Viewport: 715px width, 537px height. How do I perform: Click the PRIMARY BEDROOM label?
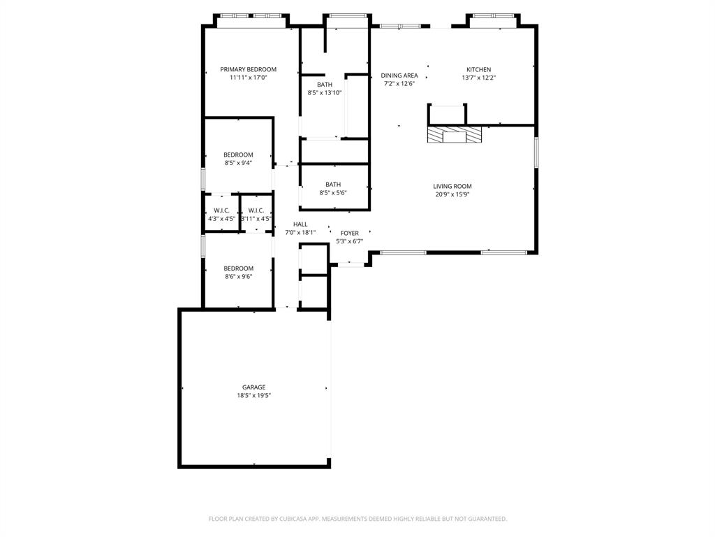(x=248, y=69)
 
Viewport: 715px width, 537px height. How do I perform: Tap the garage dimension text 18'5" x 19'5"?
(x=253, y=396)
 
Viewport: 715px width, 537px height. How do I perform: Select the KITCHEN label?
(x=478, y=69)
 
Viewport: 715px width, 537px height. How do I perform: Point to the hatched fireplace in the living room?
(x=455, y=134)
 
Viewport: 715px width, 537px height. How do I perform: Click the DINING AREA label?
(x=399, y=76)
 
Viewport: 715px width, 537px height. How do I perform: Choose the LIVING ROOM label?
(x=452, y=186)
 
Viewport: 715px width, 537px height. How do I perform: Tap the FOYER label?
(x=350, y=233)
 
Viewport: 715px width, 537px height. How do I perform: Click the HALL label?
(x=300, y=224)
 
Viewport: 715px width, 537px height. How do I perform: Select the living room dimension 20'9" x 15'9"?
(x=452, y=194)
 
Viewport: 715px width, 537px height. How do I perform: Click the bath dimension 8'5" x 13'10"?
(x=325, y=92)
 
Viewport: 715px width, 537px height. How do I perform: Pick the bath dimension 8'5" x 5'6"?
(x=333, y=193)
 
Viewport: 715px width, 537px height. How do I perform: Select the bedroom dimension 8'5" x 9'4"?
(x=238, y=163)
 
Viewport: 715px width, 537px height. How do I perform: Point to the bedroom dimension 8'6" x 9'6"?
(x=238, y=277)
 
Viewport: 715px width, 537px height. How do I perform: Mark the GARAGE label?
(x=253, y=387)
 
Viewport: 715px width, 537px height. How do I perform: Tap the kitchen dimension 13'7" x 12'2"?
(x=478, y=78)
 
